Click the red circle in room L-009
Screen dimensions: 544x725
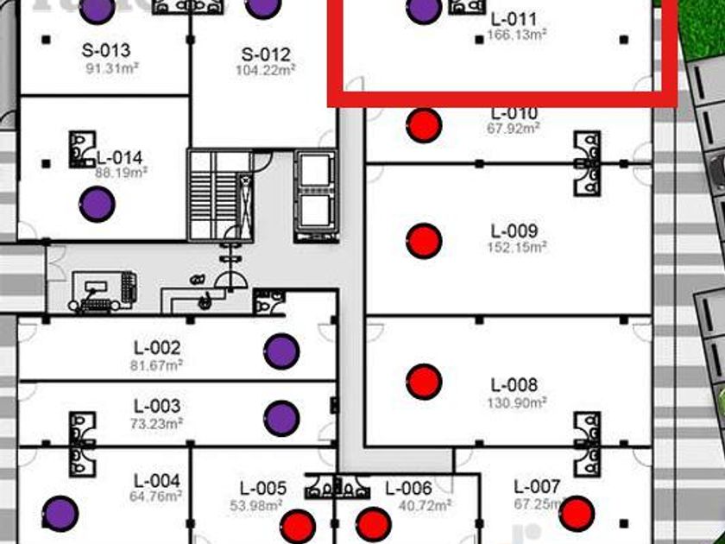click(x=424, y=241)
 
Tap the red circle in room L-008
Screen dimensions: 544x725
click(x=424, y=381)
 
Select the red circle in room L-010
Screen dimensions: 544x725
click(x=424, y=126)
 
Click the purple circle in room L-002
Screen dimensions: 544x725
click(x=281, y=351)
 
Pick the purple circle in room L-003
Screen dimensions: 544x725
click(x=281, y=418)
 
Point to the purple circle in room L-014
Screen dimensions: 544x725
click(x=97, y=205)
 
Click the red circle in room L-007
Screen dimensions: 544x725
click(x=577, y=513)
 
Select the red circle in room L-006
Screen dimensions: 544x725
click(x=374, y=524)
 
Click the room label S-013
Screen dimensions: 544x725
click(x=106, y=50)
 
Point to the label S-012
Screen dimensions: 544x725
click(x=266, y=54)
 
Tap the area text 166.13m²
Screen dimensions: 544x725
click(x=518, y=35)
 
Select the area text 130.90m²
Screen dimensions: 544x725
click(x=514, y=401)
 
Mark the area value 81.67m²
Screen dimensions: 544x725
click(x=156, y=364)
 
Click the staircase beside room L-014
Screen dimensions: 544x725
click(x=219, y=194)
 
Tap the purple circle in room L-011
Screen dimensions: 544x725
click(x=424, y=10)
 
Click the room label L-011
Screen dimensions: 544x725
click(x=514, y=19)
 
